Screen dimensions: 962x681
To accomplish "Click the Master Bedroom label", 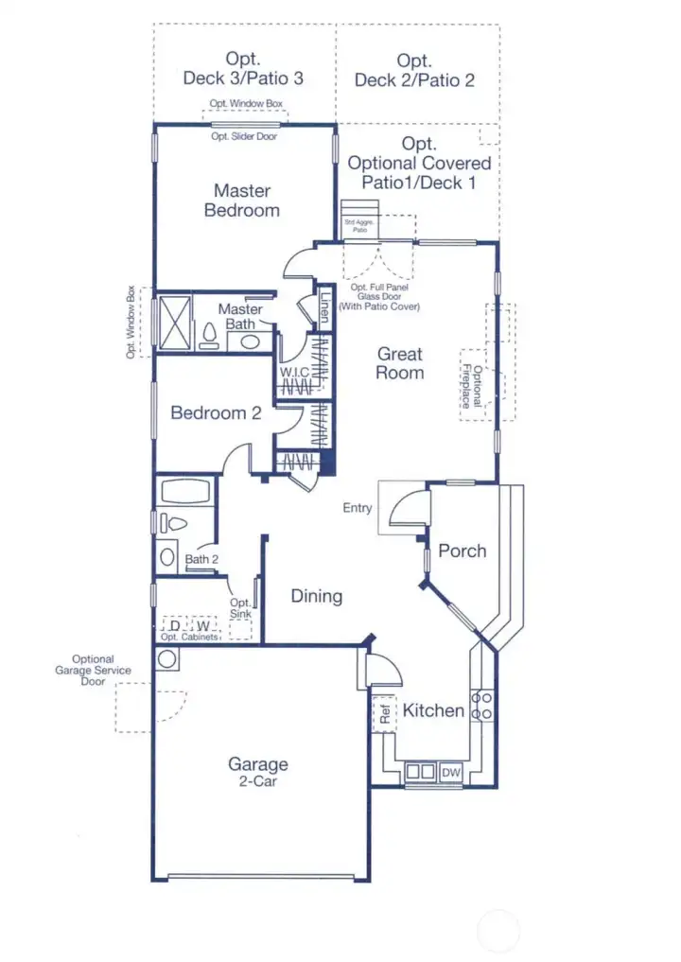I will [242, 201].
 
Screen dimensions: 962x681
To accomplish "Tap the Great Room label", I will [400, 363].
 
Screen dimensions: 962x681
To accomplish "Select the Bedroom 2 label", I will [216, 413].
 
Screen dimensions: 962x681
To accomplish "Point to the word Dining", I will [316, 596].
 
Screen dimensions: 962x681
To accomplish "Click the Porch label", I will [463, 551].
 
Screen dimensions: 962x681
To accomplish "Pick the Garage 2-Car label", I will [258, 772].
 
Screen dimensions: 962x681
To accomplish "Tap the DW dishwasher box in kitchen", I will [451, 773].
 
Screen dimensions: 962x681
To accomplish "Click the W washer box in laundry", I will [202, 626].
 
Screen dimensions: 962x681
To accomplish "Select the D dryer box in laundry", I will [175, 626].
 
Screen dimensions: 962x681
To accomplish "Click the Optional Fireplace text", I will [477, 387].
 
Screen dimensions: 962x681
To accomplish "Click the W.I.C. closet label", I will [294, 373].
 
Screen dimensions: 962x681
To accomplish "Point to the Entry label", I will [358, 508].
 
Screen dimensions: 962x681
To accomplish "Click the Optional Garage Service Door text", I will [93, 670].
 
